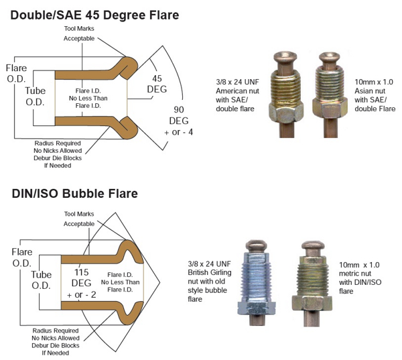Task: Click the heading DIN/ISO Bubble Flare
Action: point(74,194)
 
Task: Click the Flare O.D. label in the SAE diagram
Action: point(16,73)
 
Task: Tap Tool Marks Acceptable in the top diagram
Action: point(78,34)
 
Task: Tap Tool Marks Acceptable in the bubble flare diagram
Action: point(79,218)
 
